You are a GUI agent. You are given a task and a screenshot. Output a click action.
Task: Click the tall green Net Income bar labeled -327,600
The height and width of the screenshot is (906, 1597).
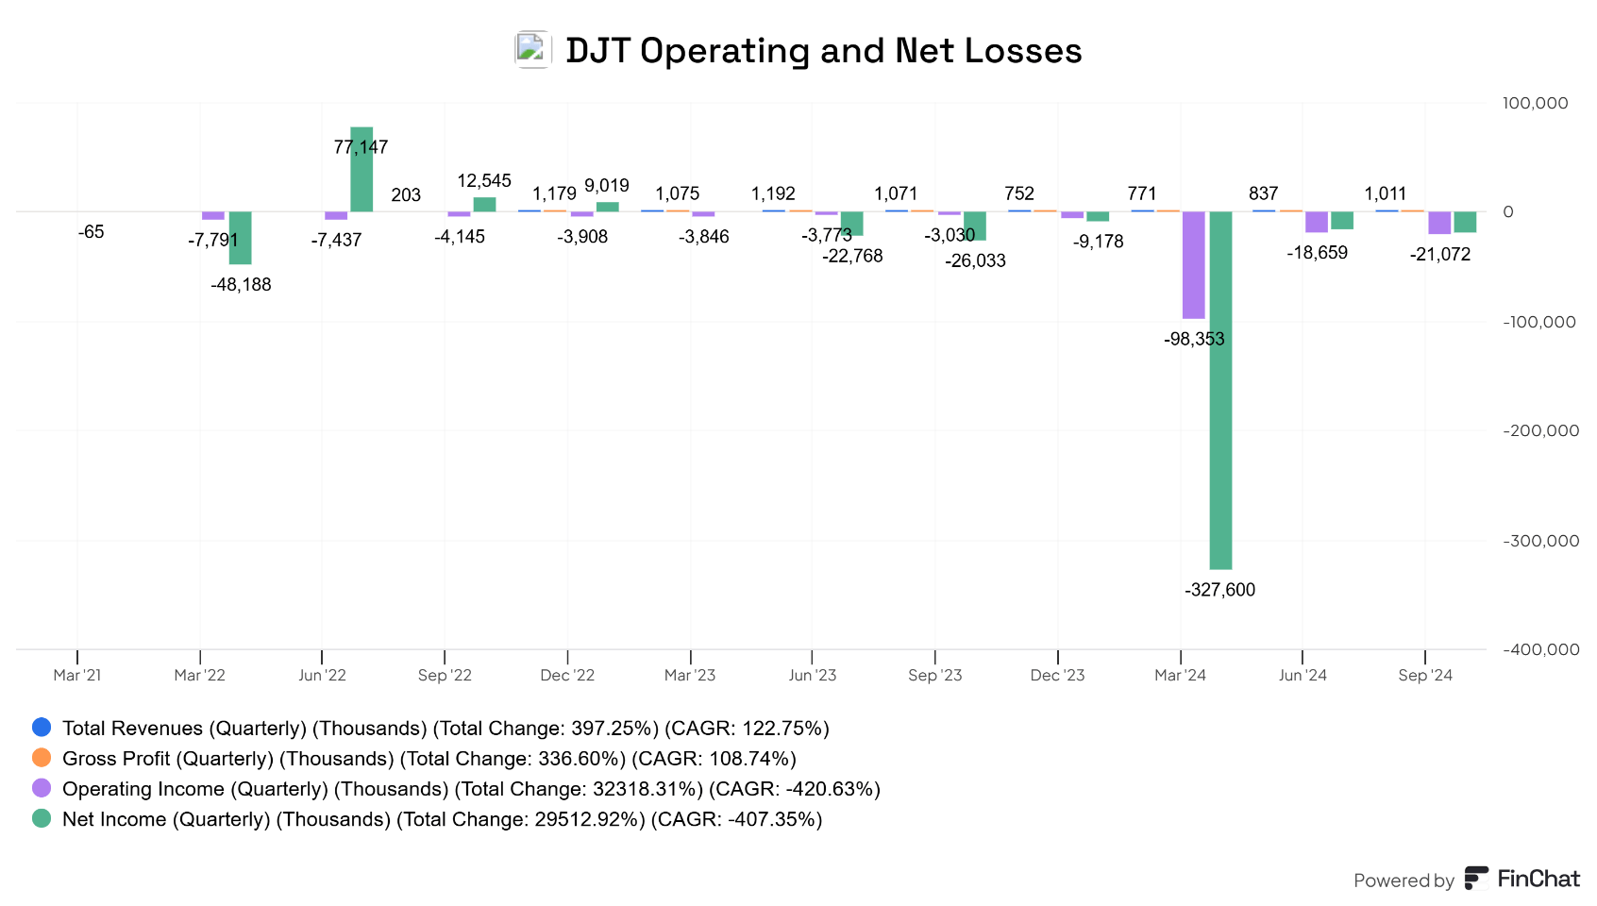coord(1220,390)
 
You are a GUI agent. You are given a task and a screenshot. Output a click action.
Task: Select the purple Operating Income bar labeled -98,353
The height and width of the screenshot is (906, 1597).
coord(1194,265)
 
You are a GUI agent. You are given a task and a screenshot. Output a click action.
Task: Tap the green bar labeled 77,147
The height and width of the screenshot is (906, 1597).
coord(361,170)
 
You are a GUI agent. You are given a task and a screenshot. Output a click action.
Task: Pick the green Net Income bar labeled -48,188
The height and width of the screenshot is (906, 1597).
coord(241,238)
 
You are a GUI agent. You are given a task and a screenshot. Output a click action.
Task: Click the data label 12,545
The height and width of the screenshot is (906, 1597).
coord(484,180)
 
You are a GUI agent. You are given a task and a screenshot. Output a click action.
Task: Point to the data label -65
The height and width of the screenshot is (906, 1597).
coord(92,232)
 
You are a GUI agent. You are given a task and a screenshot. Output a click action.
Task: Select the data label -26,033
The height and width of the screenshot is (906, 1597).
coord(975,260)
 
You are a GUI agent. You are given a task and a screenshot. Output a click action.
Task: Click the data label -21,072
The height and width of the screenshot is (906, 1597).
coord(1439,254)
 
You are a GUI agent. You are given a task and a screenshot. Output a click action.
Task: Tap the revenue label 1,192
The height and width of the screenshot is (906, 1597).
coord(773,193)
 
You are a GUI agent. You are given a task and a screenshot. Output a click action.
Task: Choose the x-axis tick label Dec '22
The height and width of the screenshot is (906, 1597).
coord(567,675)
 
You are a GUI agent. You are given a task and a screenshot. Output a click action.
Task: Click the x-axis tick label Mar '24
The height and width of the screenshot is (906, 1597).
coord(1180,675)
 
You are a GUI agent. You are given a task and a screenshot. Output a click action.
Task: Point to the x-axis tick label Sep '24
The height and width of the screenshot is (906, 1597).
coord(1425,675)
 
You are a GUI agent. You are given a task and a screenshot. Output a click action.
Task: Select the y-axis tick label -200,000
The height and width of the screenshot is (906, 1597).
coord(1540,430)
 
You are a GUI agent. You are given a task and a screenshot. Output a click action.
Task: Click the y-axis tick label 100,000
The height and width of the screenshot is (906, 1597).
coord(1535,103)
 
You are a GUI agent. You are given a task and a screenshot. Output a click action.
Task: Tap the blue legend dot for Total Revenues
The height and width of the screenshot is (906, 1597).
coord(42,728)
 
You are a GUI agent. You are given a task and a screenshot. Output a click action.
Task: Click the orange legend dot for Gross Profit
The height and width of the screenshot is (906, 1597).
coord(42,758)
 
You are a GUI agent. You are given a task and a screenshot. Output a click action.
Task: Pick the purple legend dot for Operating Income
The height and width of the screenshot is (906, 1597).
coord(42,788)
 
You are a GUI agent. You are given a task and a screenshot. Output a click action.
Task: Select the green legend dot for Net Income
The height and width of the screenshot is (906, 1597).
coord(42,818)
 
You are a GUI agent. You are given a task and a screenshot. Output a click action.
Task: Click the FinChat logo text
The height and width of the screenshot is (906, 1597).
coord(1538,879)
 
